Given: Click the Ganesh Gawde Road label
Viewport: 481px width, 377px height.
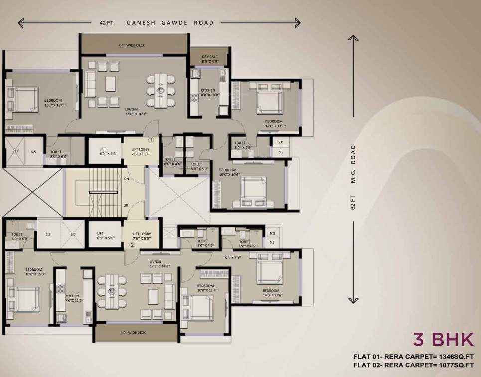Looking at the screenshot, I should click(x=170, y=23).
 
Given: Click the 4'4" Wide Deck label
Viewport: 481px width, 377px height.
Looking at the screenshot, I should click(x=131, y=45).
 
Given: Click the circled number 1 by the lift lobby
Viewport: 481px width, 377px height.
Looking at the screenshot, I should click(x=151, y=140).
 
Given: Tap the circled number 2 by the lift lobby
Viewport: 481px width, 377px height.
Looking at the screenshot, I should click(x=132, y=245).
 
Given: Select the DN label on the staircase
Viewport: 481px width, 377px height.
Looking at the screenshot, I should click(x=126, y=178).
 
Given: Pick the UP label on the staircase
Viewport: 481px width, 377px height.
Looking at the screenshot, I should click(x=126, y=205).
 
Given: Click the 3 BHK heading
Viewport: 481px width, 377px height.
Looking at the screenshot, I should click(x=443, y=339).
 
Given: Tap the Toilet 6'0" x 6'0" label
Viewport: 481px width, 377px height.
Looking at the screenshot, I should click(x=19, y=236).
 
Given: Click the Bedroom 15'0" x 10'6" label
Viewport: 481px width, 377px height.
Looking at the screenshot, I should click(x=230, y=172).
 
